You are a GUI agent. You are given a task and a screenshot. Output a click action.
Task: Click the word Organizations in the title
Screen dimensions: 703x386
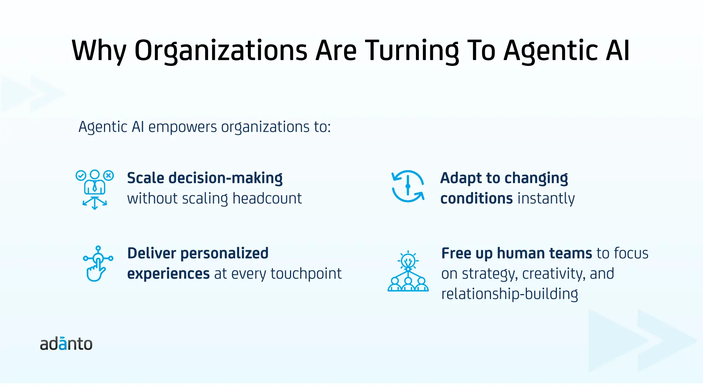pyautogui.click(x=221, y=51)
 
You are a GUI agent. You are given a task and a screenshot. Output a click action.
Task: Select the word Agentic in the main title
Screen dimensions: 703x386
pyautogui.click(x=551, y=51)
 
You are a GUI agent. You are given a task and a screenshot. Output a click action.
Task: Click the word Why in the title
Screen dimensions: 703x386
pyautogui.click(x=99, y=51)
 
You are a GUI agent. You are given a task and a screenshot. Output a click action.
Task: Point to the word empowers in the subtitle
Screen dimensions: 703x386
pyautogui.click(x=182, y=127)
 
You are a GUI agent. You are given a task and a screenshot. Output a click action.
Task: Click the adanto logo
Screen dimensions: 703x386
pyautogui.click(x=66, y=344)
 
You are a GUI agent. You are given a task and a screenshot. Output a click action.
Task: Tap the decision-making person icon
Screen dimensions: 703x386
pyautogui.click(x=95, y=189)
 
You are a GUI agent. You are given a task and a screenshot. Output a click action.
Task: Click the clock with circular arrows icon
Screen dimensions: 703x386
pyautogui.click(x=408, y=186)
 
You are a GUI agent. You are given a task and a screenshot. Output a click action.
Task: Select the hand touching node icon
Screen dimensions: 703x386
pyautogui.click(x=98, y=264)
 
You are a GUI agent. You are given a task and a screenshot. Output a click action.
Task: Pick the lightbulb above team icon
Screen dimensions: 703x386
pyautogui.click(x=408, y=271)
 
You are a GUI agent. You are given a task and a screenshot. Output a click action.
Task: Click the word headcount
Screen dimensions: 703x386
pyautogui.click(x=267, y=198)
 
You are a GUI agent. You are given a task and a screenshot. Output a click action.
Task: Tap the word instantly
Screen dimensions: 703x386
pyautogui.click(x=546, y=198)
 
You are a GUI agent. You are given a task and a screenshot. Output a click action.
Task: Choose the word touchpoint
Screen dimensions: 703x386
pyautogui.click(x=306, y=274)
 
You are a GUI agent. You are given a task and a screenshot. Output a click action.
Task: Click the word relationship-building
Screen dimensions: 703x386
pyautogui.click(x=510, y=294)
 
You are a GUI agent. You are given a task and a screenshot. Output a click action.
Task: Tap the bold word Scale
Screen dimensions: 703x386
pyautogui.click(x=145, y=178)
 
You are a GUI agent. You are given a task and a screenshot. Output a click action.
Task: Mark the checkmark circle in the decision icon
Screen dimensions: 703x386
pyautogui.click(x=81, y=176)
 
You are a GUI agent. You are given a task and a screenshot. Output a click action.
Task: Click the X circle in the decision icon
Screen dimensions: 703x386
pyautogui.click(x=108, y=176)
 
